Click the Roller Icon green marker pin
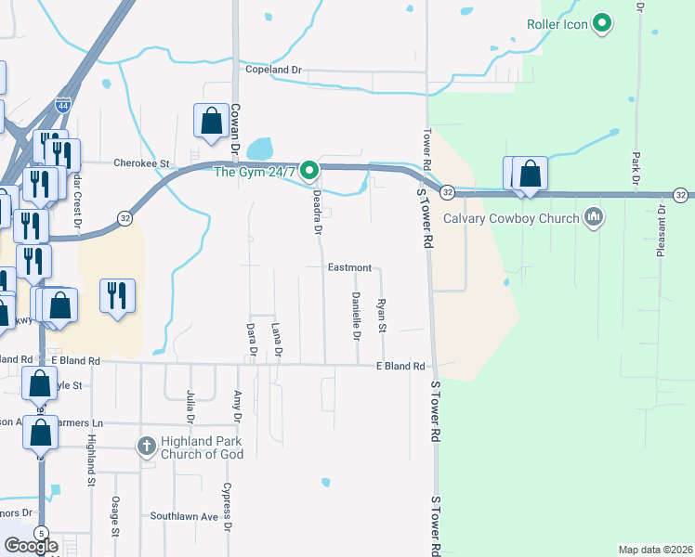tap(602, 24)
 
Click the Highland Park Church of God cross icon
tap(146, 447)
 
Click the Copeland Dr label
tap(274, 70)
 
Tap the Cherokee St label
tap(140, 162)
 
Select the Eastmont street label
tap(349, 267)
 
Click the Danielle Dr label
tap(356, 315)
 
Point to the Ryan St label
tap(381, 316)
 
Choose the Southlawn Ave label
tap(184, 516)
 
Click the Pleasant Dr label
tap(662, 231)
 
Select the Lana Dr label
tap(276, 340)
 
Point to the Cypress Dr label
tap(227, 507)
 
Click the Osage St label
tap(115, 516)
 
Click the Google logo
tap(31, 546)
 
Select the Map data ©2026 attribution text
tap(656, 549)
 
